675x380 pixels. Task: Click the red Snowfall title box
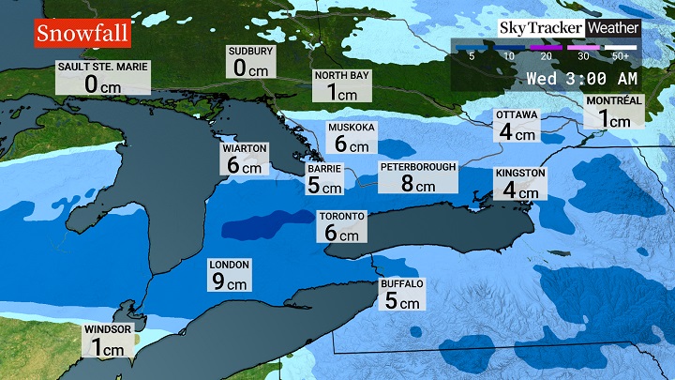click(x=82, y=34)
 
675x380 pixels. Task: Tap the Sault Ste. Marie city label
click(x=103, y=68)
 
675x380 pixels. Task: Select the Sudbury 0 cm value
click(x=251, y=68)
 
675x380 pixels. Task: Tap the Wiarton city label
click(x=244, y=148)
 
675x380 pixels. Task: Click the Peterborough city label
click(x=418, y=166)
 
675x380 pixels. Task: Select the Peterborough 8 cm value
click(x=418, y=185)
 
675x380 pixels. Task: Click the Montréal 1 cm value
click(x=614, y=118)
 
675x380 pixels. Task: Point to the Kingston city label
click(x=520, y=174)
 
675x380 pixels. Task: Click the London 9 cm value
click(x=231, y=280)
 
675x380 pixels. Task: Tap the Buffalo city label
click(x=403, y=283)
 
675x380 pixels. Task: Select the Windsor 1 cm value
click(x=106, y=348)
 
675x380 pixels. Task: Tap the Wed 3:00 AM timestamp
click(x=581, y=78)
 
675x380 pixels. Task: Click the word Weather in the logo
click(x=613, y=27)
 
